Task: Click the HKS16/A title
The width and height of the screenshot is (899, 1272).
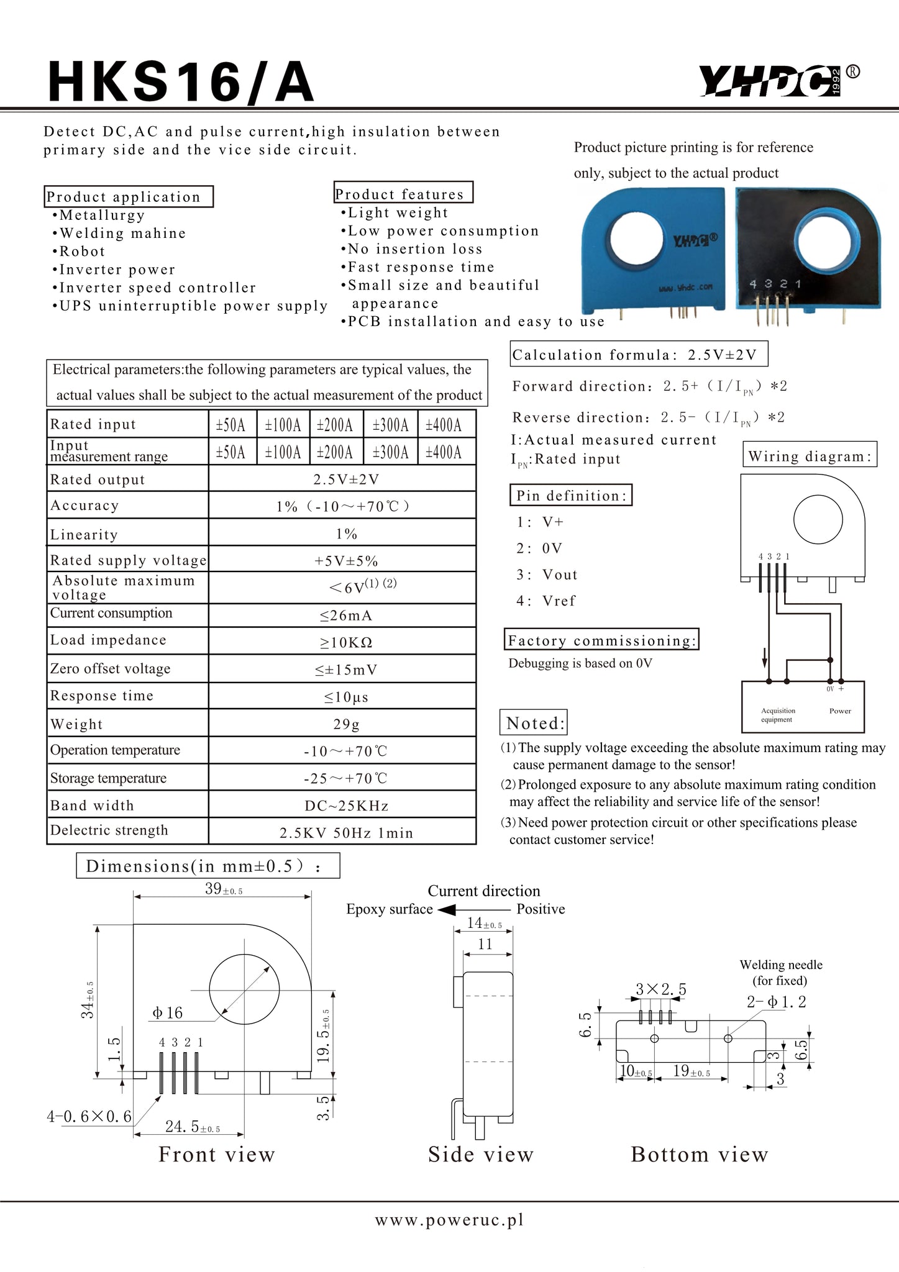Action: tap(181, 83)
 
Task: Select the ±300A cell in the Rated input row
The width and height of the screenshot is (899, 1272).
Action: tap(390, 425)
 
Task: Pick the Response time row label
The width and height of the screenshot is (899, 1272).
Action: tap(102, 696)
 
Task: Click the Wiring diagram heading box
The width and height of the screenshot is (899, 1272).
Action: tap(810, 457)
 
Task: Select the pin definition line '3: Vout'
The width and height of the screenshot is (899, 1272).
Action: tap(547, 575)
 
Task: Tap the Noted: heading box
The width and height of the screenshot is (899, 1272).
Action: tap(534, 723)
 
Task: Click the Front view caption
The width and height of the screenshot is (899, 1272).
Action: tap(216, 1154)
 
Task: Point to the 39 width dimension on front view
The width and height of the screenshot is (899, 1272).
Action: tap(223, 889)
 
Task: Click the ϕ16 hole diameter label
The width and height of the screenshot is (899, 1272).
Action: tap(167, 1013)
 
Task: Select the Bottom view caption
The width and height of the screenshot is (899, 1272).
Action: tap(699, 1154)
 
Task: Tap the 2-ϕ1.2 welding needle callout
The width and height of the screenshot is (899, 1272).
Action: tap(776, 1002)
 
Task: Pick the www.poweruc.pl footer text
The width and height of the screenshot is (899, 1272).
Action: tap(449, 1220)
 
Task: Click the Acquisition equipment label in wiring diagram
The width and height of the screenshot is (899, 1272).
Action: tap(778, 715)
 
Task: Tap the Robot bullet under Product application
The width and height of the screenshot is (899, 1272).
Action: tap(81, 252)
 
